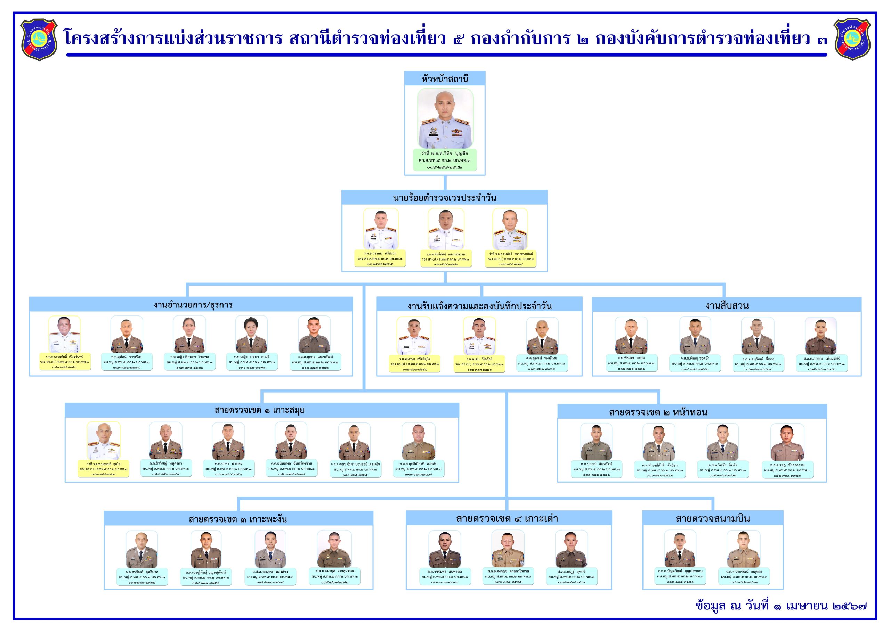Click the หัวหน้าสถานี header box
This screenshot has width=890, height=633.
coord(445,79)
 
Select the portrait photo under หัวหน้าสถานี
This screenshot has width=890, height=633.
coord(445,118)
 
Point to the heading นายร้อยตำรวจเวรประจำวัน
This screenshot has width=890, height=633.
coord(445,198)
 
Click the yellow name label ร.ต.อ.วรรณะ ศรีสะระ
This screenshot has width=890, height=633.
coord(380,258)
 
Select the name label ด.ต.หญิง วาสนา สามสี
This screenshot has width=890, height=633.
coord(252,362)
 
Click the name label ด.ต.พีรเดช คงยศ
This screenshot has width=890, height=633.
coord(632,363)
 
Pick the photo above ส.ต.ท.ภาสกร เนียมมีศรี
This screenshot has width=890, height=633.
coord(820,335)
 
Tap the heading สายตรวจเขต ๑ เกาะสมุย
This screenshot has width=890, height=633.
coord(260,410)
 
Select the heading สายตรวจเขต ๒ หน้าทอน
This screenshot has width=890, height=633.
coord(658,412)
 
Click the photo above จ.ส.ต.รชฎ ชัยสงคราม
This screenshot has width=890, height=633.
coord(787,442)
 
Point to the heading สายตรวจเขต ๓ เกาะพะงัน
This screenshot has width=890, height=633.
coord(238,519)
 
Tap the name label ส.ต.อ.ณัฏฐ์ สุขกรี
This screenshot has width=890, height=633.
coord(571,576)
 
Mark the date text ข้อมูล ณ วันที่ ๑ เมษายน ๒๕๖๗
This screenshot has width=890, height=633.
coord(781,606)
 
